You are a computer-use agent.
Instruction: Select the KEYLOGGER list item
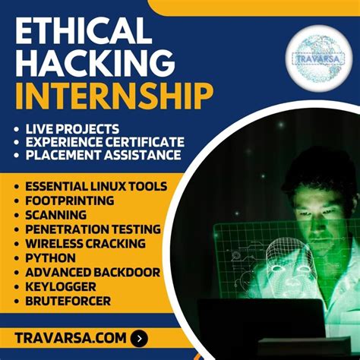[61, 286]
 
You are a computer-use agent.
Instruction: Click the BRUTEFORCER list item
[66, 301]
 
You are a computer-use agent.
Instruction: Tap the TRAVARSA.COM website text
[71, 338]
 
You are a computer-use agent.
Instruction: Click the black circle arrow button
[140, 338]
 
